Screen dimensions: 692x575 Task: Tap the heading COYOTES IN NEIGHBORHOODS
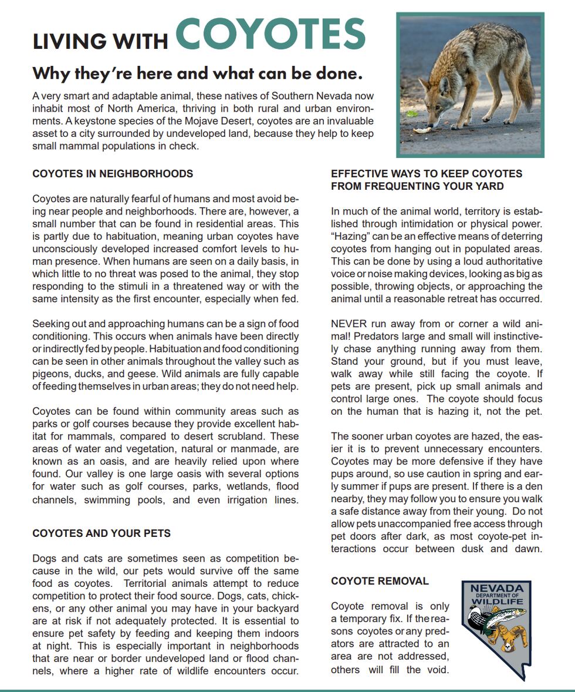113,174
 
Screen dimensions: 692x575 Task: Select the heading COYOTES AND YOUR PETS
102,533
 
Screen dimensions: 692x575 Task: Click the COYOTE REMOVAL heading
380,581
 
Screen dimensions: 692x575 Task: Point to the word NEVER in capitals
349,324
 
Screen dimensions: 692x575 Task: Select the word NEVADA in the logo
497,588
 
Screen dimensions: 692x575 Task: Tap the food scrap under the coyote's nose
422,130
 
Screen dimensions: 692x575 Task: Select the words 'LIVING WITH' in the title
100,41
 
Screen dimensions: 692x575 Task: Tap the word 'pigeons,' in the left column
51,374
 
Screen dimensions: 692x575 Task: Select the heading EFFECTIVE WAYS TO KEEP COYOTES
426,174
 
